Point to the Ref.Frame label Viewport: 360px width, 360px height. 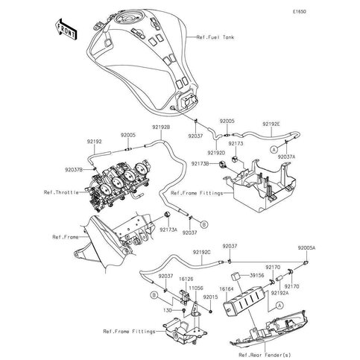65,237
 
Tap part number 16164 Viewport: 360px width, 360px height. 227,285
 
